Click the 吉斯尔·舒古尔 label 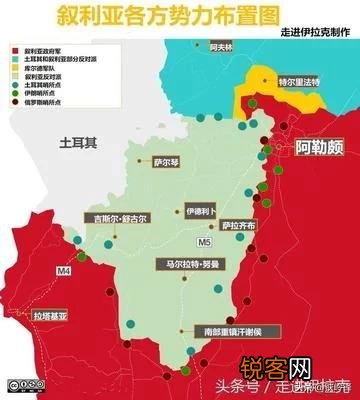coord(115,217)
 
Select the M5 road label coord(205,240)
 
